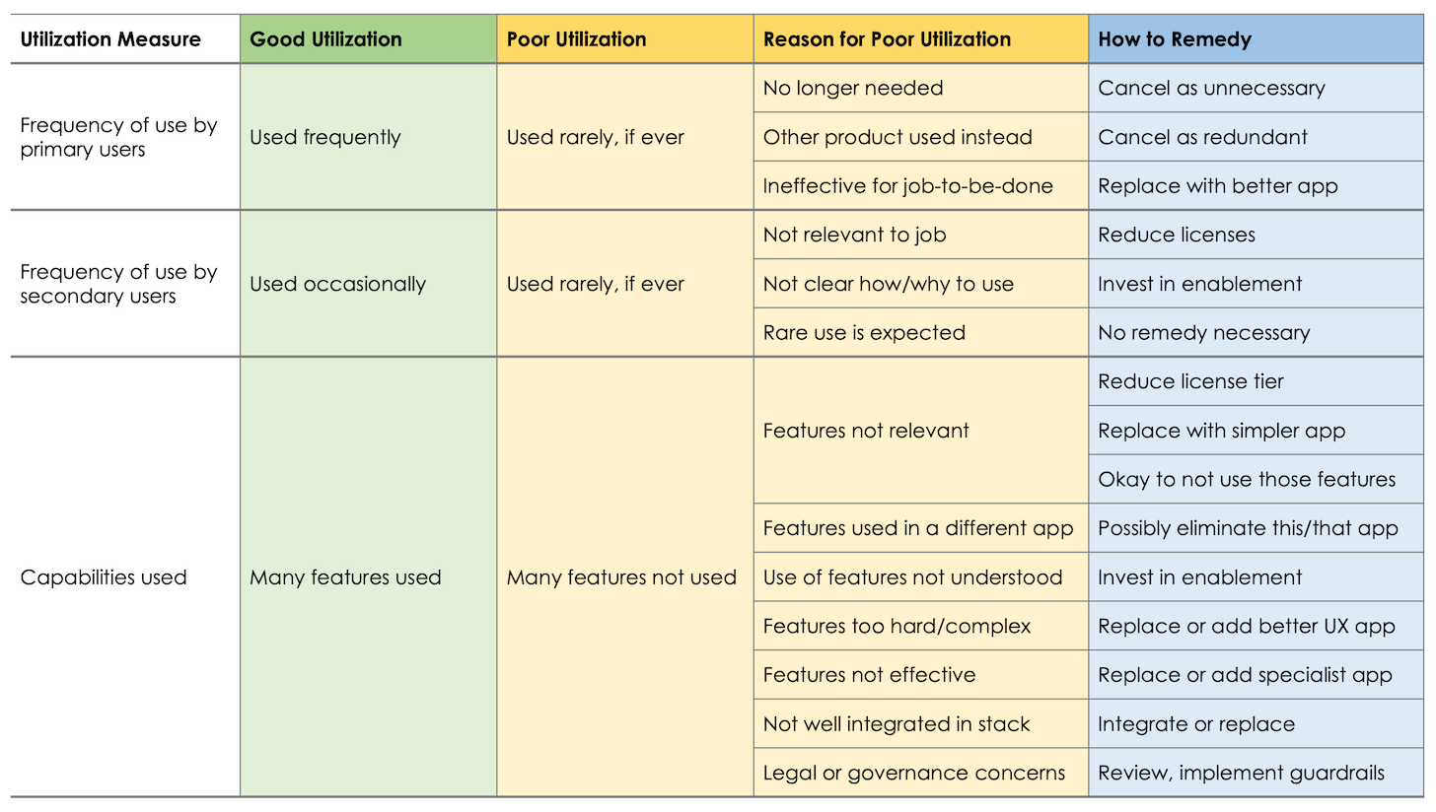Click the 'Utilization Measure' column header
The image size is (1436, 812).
[x=110, y=40]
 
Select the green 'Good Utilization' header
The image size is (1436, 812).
[x=325, y=40]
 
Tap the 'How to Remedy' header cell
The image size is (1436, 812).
[x=1175, y=40]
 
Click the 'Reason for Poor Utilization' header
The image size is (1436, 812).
[x=887, y=40]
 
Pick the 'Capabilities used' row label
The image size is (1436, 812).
[x=104, y=577]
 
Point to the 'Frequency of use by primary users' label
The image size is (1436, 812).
[x=118, y=138]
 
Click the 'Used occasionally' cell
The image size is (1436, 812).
[x=337, y=284]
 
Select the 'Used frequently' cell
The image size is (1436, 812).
[x=325, y=138]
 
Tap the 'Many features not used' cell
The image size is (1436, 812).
[x=621, y=577]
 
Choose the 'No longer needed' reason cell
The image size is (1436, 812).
[x=853, y=89]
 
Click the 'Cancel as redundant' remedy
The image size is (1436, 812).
[x=1202, y=138]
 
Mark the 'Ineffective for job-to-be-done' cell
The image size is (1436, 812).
[x=907, y=186]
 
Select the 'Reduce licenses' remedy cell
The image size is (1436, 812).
[x=1177, y=235]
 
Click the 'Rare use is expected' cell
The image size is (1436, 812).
[x=864, y=333]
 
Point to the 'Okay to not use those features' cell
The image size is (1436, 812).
[x=1247, y=480]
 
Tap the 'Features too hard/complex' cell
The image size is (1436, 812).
[x=897, y=627]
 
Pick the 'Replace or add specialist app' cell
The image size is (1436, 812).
[x=1245, y=675]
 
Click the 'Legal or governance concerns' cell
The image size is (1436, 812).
[x=913, y=774]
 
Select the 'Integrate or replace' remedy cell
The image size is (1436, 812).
[x=1196, y=724]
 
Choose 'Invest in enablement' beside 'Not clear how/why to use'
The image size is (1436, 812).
[x=1200, y=284]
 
